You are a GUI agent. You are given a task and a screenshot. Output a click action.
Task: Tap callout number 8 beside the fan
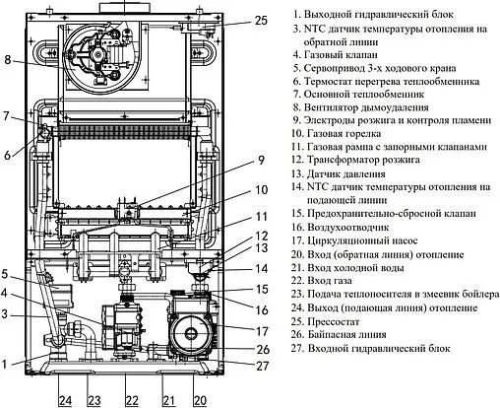pos(8,61)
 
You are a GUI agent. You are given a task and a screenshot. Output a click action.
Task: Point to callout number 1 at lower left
pos(7,364)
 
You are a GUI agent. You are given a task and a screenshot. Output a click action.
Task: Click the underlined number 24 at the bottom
pos(65,399)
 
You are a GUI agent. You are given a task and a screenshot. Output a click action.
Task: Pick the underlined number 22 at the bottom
pos(132,399)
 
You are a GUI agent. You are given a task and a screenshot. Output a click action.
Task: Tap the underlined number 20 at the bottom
pos(200,399)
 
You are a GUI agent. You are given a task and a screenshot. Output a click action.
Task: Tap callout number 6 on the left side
pos(7,155)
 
